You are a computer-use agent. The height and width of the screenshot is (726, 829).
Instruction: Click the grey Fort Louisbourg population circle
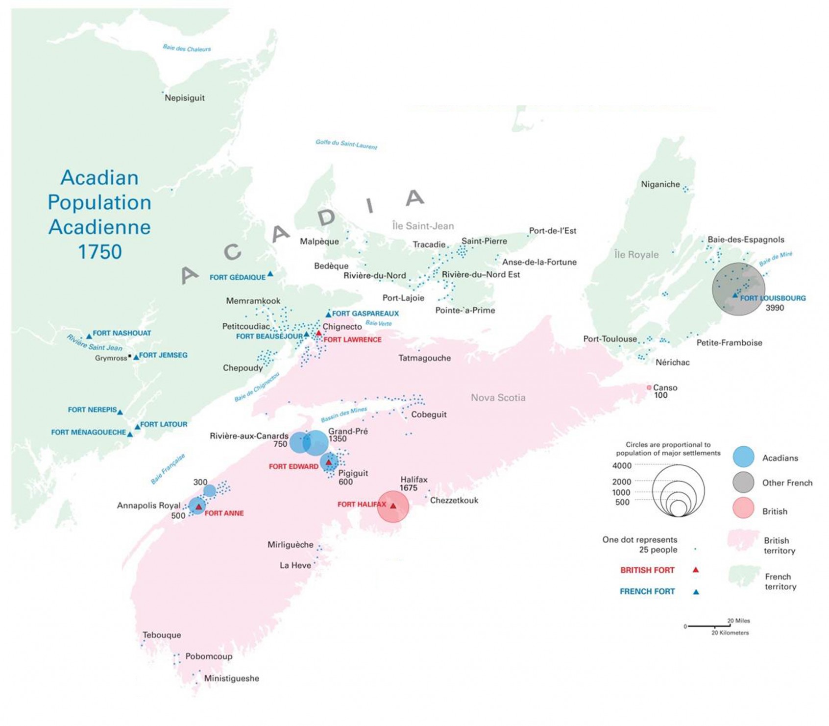pyautogui.click(x=738, y=289)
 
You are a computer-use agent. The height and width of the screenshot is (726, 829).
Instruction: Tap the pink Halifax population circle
pyautogui.click(x=393, y=507)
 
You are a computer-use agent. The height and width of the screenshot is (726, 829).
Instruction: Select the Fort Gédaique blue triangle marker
pyautogui.click(x=270, y=274)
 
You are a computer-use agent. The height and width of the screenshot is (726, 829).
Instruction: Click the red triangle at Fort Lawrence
pyautogui.click(x=318, y=334)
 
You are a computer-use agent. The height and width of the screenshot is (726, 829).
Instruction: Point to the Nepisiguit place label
pyautogui.click(x=185, y=98)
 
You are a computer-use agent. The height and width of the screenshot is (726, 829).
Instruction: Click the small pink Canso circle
pyautogui.click(x=649, y=387)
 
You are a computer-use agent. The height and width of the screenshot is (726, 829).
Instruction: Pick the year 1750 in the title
pyautogui.click(x=99, y=252)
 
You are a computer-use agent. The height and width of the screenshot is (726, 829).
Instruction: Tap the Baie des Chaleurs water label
pyautogui.click(x=187, y=48)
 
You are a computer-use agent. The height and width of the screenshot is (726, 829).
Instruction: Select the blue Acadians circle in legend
pyautogui.click(x=743, y=457)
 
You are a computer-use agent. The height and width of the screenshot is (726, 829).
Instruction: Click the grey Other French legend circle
pyautogui.click(x=743, y=483)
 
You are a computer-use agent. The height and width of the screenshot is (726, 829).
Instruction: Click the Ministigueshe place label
pyautogui.click(x=231, y=678)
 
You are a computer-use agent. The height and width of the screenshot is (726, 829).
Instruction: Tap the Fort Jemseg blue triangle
pyautogui.click(x=136, y=358)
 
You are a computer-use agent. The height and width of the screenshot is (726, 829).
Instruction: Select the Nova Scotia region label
pyautogui.click(x=498, y=398)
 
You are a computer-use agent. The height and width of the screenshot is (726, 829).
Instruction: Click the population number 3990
pyautogui.click(x=775, y=308)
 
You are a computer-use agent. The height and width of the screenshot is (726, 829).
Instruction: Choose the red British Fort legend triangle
pyautogui.click(x=695, y=570)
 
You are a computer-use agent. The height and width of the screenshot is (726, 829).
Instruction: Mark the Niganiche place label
pyautogui.click(x=660, y=185)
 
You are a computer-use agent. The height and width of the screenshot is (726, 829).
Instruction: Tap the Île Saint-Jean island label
pyautogui.click(x=423, y=226)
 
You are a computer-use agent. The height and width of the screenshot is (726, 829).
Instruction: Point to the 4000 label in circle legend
pyautogui.click(x=621, y=465)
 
